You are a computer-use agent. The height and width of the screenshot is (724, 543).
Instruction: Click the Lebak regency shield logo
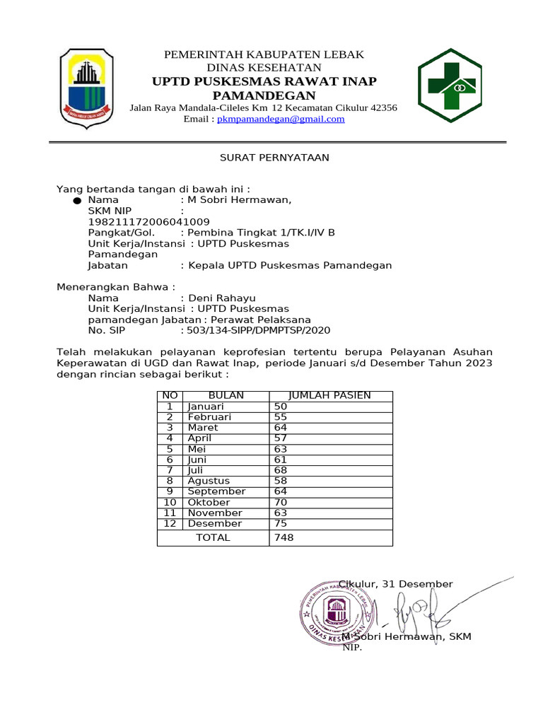(x=83, y=88)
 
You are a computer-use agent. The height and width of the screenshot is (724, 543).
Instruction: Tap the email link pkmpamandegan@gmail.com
(x=281, y=119)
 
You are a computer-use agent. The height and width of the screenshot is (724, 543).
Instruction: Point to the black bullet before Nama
(x=76, y=202)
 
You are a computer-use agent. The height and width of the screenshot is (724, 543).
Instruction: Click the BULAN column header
(x=226, y=395)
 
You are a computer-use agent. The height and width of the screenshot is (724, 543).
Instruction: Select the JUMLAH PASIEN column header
(x=331, y=395)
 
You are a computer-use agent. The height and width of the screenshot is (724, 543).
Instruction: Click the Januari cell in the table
(x=206, y=407)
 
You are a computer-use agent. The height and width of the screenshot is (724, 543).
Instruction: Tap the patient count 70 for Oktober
(x=281, y=503)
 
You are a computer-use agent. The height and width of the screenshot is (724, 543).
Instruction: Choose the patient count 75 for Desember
(x=281, y=524)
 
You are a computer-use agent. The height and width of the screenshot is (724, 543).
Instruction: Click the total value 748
(x=284, y=537)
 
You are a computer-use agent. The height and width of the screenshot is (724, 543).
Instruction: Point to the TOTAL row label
(x=213, y=537)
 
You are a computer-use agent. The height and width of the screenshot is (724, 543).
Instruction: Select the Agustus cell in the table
(x=209, y=481)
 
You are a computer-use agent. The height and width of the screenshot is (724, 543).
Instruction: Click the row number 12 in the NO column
(x=170, y=524)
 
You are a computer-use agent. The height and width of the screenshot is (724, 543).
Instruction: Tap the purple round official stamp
(x=337, y=609)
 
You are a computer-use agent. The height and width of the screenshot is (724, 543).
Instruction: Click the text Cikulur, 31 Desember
(x=396, y=584)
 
